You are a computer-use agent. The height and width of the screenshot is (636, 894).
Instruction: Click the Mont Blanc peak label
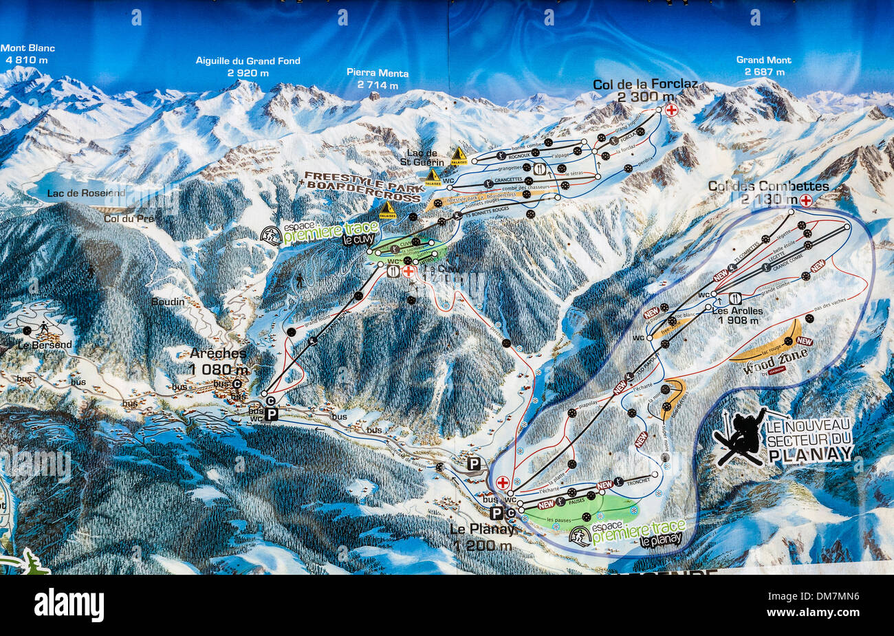pyautogui.click(x=28, y=54)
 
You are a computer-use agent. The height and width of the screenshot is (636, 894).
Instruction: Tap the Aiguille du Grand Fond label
pyautogui.click(x=248, y=66)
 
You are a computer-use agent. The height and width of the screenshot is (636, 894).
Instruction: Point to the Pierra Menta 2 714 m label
pyautogui.click(x=378, y=78)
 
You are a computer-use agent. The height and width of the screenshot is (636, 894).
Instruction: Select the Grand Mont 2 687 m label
pyautogui.click(x=763, y=65)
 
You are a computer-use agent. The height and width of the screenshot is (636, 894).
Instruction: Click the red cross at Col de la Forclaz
pyautogui.click(x=671, y=109)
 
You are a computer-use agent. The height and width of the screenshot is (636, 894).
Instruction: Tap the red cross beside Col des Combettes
pyautogui.click(x=805, y=200)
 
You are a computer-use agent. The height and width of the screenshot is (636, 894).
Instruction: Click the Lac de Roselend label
pyautogui.click(x=86, y=193)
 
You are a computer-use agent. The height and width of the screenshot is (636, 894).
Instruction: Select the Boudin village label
pyautogui.click(x=168, y=302)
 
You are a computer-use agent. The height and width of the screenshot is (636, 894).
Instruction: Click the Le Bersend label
pyautogui.click(x=45, y=344)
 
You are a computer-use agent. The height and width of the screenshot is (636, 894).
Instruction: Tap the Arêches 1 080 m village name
pyautogui.click(x=219, y=361)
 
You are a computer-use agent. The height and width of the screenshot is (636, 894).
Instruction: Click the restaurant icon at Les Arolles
pyautogui.click(x=735, y=298)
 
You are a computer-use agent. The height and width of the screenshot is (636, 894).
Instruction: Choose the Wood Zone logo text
pyautogui.click(x=774, y=361)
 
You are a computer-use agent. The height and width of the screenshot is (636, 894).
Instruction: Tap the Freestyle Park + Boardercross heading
pyautogui.click(x=362, y=186)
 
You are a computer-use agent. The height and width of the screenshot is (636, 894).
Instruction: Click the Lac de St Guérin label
pyautogui.click(x=422, y=157)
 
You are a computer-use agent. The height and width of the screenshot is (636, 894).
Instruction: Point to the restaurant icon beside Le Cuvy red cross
pyautogui.click(x=393, y=271)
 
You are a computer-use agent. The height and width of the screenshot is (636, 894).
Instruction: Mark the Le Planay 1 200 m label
pyautogui.click(x=482, y=537)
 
